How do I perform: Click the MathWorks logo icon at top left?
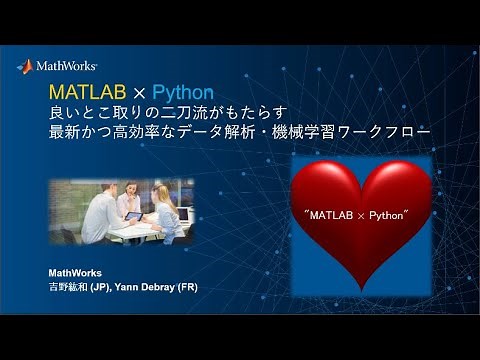coord(25,66)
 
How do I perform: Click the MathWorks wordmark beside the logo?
coord(66,67)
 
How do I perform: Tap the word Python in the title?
coord(183,93)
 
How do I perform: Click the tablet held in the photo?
coord(133,216)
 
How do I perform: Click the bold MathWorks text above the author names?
coord(75,272)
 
